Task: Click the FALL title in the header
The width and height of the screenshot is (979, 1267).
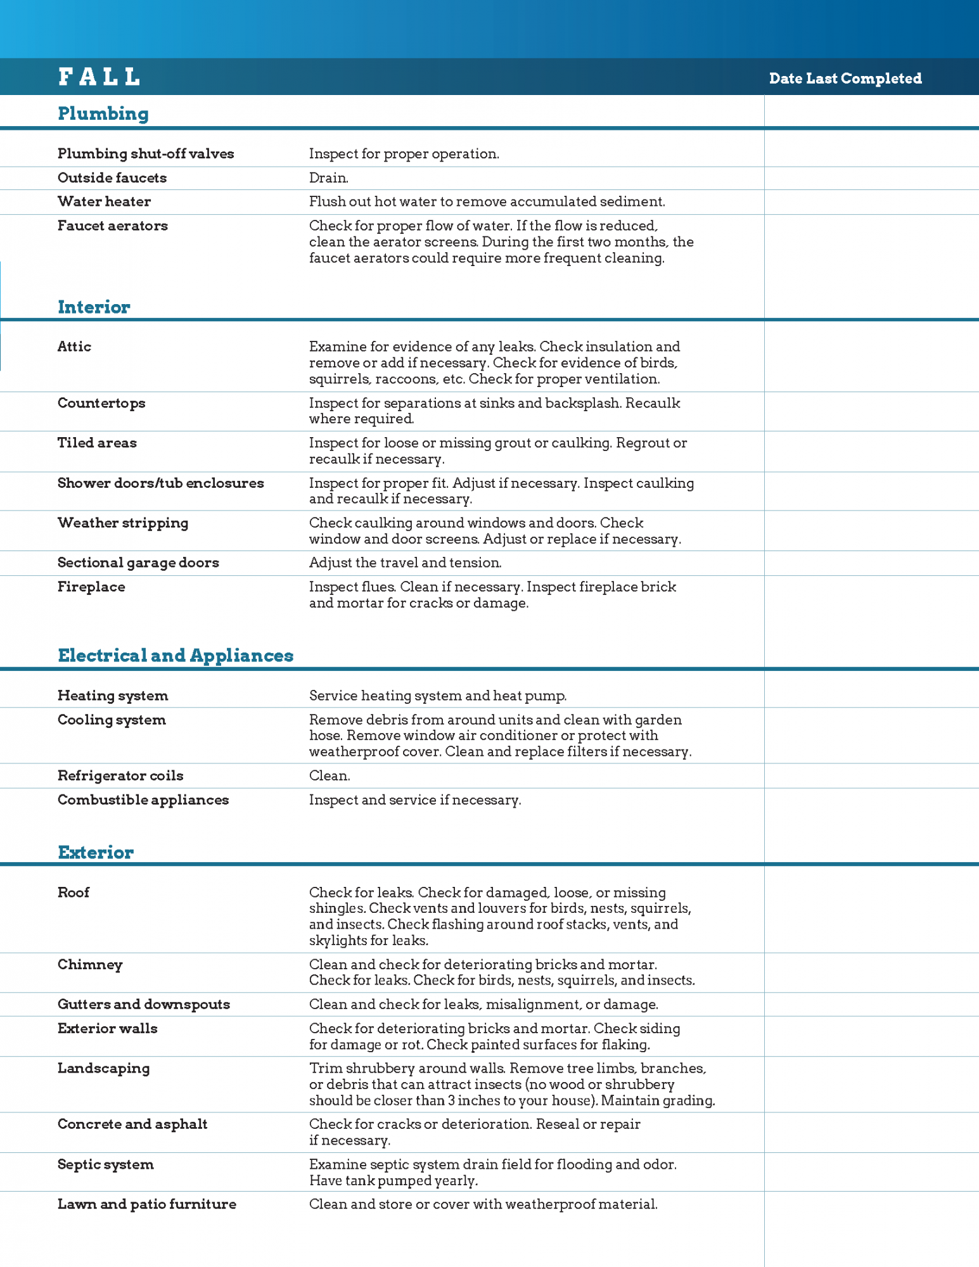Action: [99, 77]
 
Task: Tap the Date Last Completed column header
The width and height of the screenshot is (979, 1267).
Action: [845, 79]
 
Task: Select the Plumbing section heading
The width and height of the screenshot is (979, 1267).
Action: [103, 114]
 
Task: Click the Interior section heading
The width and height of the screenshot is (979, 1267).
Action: [94, 307]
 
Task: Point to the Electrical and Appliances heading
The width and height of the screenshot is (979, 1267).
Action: [176, 656]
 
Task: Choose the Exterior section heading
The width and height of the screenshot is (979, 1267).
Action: [96, 853]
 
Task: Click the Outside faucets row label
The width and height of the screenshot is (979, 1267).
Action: [112, 178]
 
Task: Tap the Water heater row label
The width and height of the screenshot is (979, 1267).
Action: [104, 201]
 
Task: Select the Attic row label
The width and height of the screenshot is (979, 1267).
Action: [74, 347]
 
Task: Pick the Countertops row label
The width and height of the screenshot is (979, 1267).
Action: [101, 403]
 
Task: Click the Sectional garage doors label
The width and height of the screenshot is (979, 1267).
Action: [138, 563]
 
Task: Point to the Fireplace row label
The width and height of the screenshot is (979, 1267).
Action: [91, 587]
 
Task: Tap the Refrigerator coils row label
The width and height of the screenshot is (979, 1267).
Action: [120, 775]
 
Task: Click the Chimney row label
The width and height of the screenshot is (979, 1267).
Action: [90, 965]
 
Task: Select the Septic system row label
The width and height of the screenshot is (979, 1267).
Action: [105, 1164]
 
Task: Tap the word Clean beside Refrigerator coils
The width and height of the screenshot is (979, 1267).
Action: [329, 775]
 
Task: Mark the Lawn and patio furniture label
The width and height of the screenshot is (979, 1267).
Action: [146, 1204]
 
